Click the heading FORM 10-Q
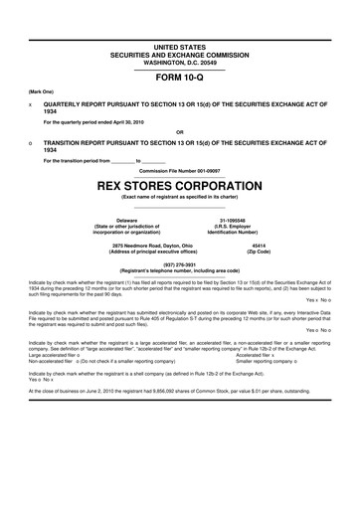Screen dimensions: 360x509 click(180, 77)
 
